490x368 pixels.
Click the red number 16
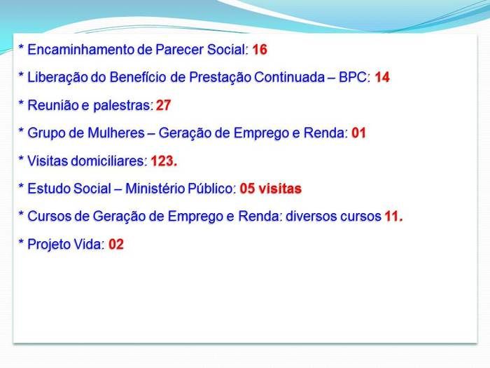[260, 50]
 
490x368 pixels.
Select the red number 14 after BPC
[381, 78]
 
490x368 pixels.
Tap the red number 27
[163, 106]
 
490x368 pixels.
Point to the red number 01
[358, 133]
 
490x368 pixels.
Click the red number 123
[164, 161]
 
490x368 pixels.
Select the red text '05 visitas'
[270, 189]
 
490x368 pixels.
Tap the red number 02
[115, 245]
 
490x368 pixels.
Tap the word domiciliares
[106, 161]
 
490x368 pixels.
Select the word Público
[210, 189]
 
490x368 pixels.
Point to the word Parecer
[176, 50]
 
